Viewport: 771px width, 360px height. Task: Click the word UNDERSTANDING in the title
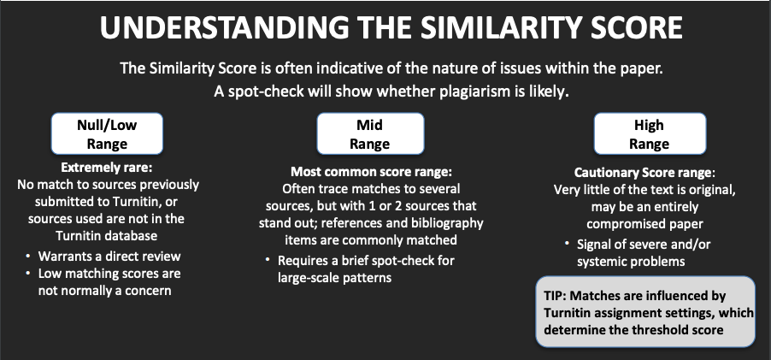[x=224, y=27]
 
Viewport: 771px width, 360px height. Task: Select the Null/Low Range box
[x=107, y=133]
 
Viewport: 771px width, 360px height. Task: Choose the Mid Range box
[x=370, y=133]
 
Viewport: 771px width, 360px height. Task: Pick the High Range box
[x=650, y=133]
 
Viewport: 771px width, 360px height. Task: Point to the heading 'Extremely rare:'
[x=107, y=168]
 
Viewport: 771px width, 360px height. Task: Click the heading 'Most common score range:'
[x=371, y=172]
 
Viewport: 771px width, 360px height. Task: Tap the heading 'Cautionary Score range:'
[x=644, y=173]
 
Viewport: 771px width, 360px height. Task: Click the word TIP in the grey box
[x=555, y=296]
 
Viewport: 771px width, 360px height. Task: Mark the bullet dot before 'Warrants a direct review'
[x=28, y=256]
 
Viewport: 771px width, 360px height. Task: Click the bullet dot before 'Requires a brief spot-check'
[x=268, y=259]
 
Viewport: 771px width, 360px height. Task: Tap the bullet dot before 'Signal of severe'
[x=568, y=244]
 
